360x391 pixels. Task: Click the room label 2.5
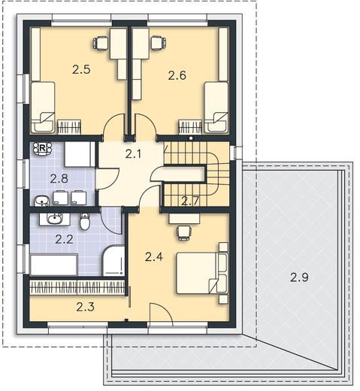click(81, 69)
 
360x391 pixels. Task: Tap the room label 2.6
click(177, 75)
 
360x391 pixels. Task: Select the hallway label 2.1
click(133, 153)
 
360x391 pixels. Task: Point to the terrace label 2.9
click(299, 277)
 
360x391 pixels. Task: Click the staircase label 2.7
click(190, 201)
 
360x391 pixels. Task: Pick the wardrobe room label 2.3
click(85, 307)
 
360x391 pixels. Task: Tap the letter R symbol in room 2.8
click(42, 148)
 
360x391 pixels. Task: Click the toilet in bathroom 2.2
click(85, 221)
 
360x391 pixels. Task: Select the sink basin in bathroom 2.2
click(55, 219)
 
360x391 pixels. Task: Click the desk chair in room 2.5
click(101, 43)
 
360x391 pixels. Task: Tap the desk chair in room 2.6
click(158, 43)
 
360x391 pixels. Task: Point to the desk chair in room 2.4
click(184, 232)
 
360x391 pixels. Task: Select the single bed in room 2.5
click(43, 108)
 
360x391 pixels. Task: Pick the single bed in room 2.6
click(216, 108)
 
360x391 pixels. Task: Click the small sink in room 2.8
click(41, 201)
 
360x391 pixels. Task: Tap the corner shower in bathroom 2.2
click(113, 261)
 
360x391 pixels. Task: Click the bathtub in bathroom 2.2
click(53, 265)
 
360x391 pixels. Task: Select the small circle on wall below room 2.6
click(191, 138)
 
